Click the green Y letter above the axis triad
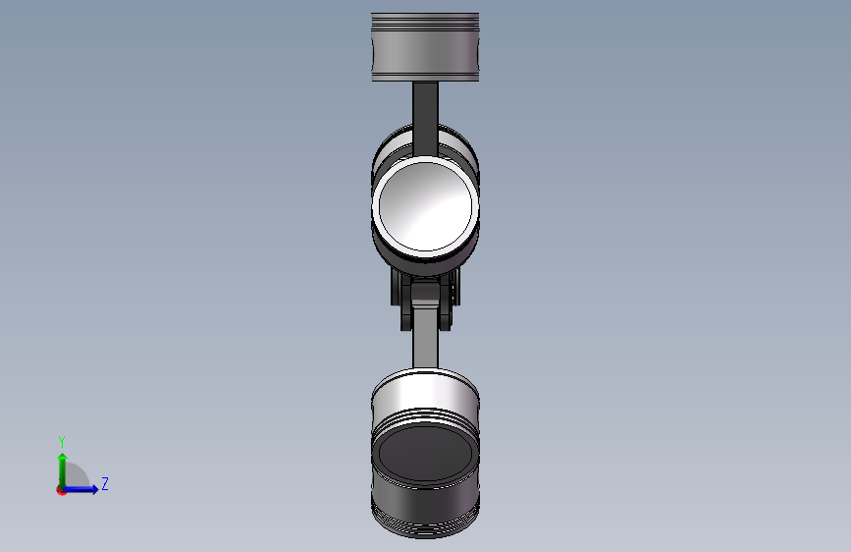(62, 441)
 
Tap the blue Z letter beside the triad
(105, 483)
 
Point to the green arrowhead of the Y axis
(63, 458)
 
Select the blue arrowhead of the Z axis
(95, 489)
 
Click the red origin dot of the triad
(61, 490)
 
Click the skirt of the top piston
(425, 53)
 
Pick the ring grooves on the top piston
(425, 22)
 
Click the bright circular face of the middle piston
(425, 206)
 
